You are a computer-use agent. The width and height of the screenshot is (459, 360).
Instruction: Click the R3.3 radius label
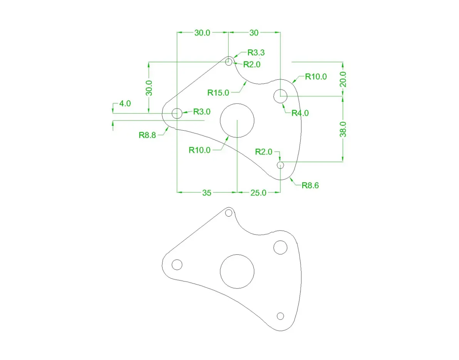click(256, 53)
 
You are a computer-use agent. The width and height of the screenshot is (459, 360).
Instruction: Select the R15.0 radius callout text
click(218, 93)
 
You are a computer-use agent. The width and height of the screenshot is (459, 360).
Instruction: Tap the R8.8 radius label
click(147, 135)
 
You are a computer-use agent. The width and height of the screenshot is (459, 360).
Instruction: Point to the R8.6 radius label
click(310, 185)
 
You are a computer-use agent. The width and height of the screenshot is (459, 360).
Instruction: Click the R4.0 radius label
click(300, 113)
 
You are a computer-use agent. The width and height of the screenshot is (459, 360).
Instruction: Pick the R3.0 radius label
click(202, 112)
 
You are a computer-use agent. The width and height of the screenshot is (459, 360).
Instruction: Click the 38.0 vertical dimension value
click(343, 130)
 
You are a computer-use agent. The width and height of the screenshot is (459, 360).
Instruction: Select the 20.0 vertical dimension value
click(343, 79)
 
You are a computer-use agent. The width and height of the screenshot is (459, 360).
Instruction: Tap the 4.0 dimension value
click(125, 104)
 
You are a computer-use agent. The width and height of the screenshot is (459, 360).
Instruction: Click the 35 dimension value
click(207, 193)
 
